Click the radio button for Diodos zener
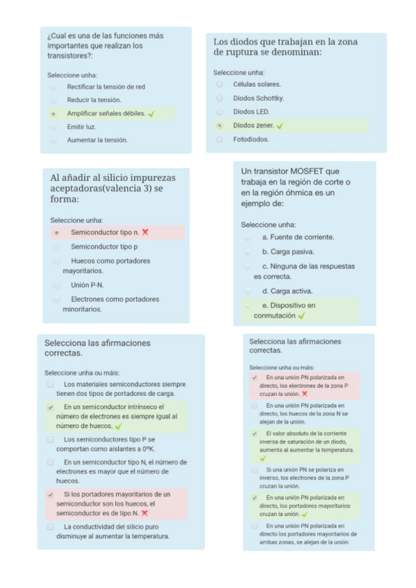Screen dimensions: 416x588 219,126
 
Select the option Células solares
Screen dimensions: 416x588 219,84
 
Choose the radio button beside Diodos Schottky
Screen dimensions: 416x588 219,98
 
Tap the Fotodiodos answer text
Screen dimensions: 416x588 251,139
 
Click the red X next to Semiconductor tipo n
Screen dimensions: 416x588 145,232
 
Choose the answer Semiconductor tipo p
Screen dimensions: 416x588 104,247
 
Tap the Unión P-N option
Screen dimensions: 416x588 88,285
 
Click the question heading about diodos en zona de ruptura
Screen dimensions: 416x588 285,47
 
